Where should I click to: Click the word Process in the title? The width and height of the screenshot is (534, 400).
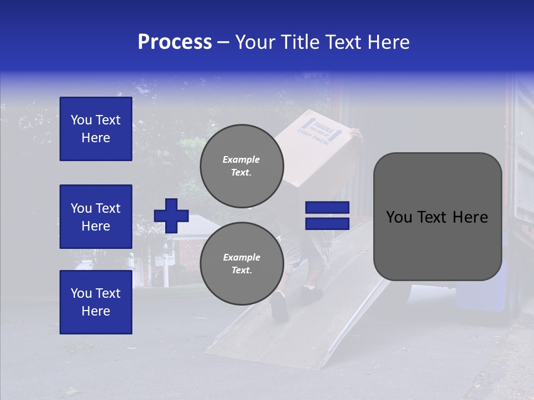coord(175,42)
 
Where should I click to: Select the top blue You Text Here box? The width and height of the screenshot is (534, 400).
coord(96,129)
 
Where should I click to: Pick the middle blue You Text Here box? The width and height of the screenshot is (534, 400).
coord(96,217)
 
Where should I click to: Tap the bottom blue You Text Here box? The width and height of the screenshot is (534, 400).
coord(96,302)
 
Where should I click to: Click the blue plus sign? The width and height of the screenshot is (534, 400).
coord(171,216)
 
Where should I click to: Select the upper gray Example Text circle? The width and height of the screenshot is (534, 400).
coord(241,166)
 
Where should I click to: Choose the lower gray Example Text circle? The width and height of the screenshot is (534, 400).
coord(241,263)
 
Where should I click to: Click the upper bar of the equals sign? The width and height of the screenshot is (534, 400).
coord(327,207)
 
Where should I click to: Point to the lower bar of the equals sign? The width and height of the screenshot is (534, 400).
coord(327,223)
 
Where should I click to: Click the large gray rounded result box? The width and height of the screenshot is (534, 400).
coord(437,217)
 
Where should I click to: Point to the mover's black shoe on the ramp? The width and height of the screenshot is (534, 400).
coord(279,306)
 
